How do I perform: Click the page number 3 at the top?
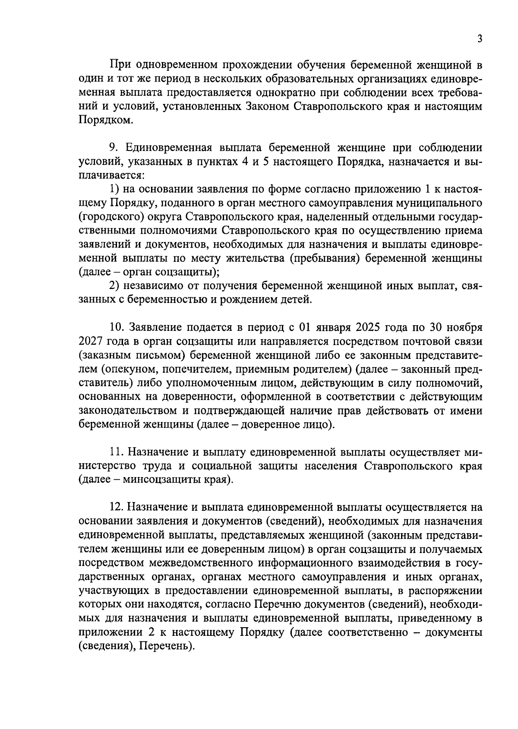pos(480,39)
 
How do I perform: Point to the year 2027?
pos(91,341)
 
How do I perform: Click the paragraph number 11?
pos(115,452)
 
